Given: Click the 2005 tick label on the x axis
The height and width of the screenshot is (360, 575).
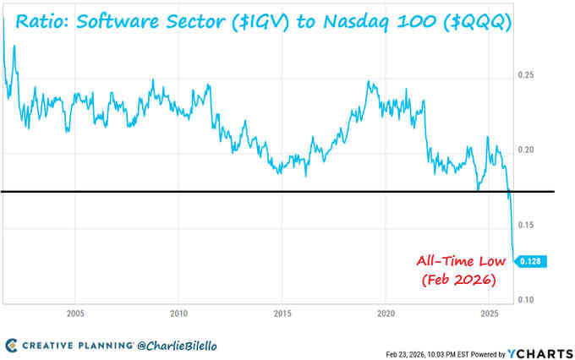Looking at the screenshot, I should click(75, 310).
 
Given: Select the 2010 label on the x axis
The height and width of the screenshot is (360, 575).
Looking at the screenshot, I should click(178, 310).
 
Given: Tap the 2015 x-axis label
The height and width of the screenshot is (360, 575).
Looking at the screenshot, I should click(282, 310).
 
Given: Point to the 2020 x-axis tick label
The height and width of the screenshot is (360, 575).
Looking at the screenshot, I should click(385, 310).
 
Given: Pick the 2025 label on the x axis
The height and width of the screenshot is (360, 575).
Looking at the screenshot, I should click(488, 310).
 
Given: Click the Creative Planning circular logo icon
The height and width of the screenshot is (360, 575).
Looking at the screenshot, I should click(10, 345).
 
